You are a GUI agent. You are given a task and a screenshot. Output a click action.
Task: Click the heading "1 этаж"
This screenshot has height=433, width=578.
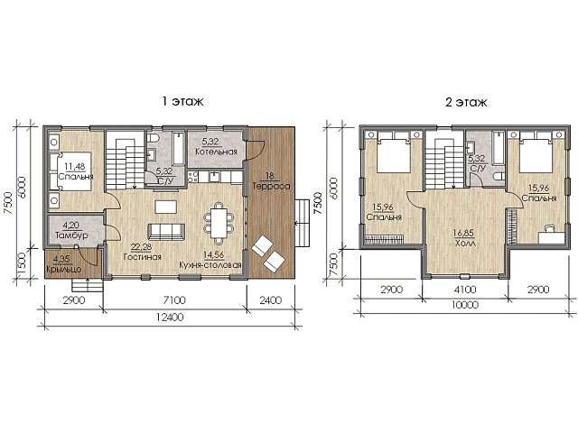(x=183, y=101)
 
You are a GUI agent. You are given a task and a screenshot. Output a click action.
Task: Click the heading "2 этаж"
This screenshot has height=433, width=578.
(x=466, y=102)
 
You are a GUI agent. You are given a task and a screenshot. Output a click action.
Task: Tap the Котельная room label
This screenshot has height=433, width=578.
(x=216, y=152)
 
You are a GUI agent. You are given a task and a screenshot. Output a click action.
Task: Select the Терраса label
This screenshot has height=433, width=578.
(x=271, y=187)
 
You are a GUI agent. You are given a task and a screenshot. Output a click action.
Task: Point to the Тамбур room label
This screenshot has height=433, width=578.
(x=71, y=235)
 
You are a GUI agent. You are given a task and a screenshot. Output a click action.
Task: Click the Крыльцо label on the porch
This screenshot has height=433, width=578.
(x=64, y=269)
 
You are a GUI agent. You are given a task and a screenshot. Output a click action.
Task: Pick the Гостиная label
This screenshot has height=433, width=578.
(x=143, y=256)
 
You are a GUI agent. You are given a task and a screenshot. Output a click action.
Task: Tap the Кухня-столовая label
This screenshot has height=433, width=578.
(x=210, y=264)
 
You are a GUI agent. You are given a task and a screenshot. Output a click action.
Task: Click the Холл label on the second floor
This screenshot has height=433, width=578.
(x=465, y=244)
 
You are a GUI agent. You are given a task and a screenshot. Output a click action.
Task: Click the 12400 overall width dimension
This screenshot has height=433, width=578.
(x=169, y=317)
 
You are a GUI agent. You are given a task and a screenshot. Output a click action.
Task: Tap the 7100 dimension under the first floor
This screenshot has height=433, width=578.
(x=174, y=300)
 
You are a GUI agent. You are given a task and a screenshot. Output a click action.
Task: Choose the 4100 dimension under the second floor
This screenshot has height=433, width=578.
(x=465, y=290)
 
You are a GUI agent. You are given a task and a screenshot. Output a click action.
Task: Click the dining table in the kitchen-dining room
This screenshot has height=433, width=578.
(x=219, y=223)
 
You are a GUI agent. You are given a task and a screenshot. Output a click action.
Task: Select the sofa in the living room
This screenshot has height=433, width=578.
(x=166, y=232)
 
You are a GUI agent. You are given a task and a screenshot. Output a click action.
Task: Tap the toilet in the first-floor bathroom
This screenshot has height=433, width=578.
(x=153, y=138)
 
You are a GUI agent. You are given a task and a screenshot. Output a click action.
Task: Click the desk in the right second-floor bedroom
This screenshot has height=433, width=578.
(x=552, y=237)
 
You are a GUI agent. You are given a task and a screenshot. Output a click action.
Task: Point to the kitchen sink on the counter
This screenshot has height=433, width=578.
(x=214, y=177)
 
